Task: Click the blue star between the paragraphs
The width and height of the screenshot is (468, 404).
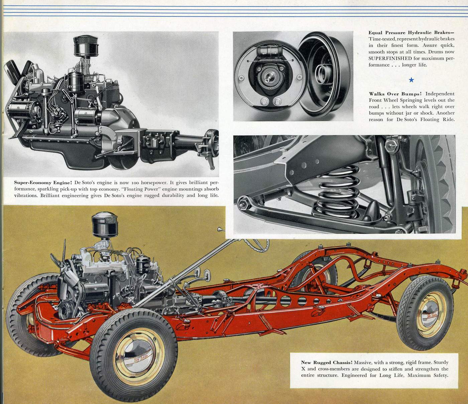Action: pos(411,80)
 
